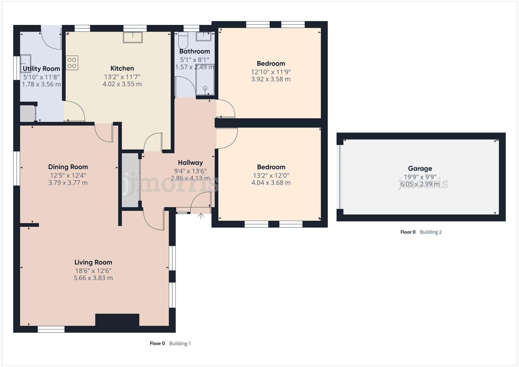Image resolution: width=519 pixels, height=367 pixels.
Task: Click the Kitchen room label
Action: pyautogui.click(x=122, y=68)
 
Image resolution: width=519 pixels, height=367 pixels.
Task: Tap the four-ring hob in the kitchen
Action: pyautogui.click(x=72, y=63)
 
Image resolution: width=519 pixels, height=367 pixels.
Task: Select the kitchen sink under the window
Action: pyautogui.click(x=133, y=37)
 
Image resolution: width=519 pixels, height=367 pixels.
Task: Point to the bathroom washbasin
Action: pyautogui.click(x=203, y=36)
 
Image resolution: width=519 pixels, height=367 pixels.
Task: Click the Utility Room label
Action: pyautogui.click(x=42, y=69)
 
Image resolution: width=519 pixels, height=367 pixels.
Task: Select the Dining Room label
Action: pyautogui.click(x=68, y=167)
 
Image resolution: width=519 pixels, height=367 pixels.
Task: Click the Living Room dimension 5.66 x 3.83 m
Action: pyautogui.click(x=93, y=278)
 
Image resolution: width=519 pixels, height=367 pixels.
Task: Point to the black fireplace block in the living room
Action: pyautogui.click(x=117, y=320)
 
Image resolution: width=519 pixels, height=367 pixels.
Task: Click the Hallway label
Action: pyautogui.click(x=190, y=163)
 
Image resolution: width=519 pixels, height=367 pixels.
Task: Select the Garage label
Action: pyautogui.click(x=420, y=169)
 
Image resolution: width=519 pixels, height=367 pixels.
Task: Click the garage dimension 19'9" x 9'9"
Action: pyautogui.click(x=420, y=177)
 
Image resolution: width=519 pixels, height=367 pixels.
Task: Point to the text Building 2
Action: pyautogui.click(x=431, y=232)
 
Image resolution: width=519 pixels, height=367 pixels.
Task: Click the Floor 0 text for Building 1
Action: pyautogui.click(x=157, y=343)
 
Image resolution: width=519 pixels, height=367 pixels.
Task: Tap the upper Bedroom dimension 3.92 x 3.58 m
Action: pyautogui.click(x=271, y=79)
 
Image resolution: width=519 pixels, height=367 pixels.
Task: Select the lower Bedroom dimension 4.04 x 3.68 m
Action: pyautogui.click(x=271, y=183)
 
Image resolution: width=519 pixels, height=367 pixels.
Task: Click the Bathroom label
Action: pyautogui.click(x=195, y=51)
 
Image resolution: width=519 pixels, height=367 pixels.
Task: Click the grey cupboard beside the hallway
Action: pyautogui.click(x=131, y=180)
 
